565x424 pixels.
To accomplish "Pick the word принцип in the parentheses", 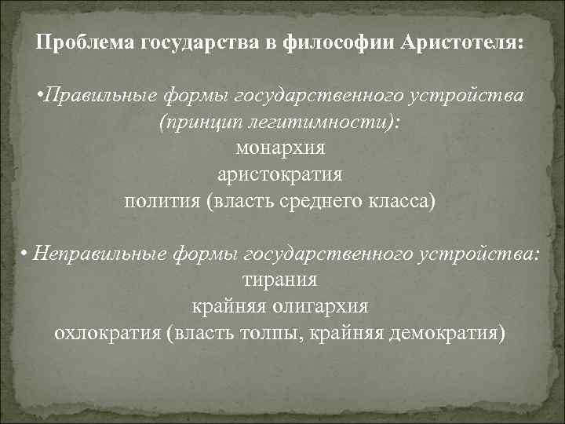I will click(196, 122).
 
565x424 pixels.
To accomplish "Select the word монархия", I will click(279, 148).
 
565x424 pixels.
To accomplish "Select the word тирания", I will click(279, 280).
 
